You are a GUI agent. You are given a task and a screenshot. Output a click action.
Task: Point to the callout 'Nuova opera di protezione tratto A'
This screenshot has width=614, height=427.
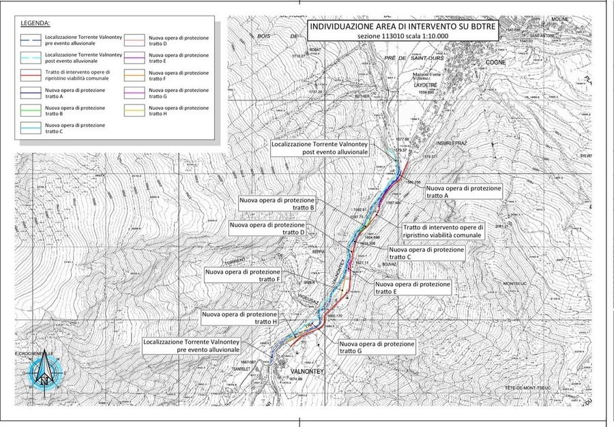(x=463, y=191)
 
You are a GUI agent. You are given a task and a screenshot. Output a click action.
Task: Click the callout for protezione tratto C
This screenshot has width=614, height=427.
(x=426, y=254)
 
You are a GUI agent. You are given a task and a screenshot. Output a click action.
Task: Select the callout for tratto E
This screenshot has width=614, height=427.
(x=413, y=287)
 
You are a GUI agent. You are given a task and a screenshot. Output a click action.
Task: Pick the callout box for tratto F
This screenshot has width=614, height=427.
(x=243, y=276)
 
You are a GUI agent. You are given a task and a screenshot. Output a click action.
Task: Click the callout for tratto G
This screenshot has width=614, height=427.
(x=377, y=348)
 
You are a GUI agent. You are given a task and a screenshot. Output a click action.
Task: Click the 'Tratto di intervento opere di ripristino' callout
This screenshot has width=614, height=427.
(x=443, y=231)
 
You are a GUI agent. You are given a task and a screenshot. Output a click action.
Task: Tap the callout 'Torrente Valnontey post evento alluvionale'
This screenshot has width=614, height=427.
(x=320, y=149)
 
